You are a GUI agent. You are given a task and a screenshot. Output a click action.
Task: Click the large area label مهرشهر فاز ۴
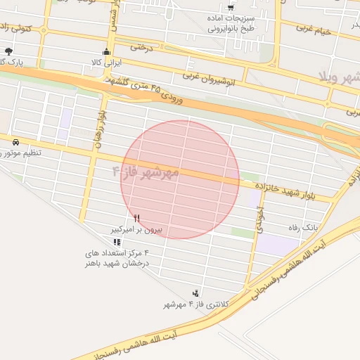[146, 172]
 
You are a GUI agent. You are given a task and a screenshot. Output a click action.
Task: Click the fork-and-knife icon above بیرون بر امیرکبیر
[136, 219]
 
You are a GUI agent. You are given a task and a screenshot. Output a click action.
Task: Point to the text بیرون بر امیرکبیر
[139, 230]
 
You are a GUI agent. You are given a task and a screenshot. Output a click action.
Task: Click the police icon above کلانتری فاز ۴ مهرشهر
[195, 292]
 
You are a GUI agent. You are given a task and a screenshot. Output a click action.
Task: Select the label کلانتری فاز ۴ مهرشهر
[189, 304]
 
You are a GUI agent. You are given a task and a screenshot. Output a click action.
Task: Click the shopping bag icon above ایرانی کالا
[106, 51]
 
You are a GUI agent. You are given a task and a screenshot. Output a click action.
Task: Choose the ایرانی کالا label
[108, 63]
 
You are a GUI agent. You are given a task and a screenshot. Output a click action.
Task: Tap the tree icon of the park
[8, 51]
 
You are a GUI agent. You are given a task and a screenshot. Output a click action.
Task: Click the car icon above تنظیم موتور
[15, 142]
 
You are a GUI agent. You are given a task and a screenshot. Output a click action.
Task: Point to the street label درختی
[141, 48]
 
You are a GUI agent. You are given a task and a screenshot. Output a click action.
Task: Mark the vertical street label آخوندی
[261, 219]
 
